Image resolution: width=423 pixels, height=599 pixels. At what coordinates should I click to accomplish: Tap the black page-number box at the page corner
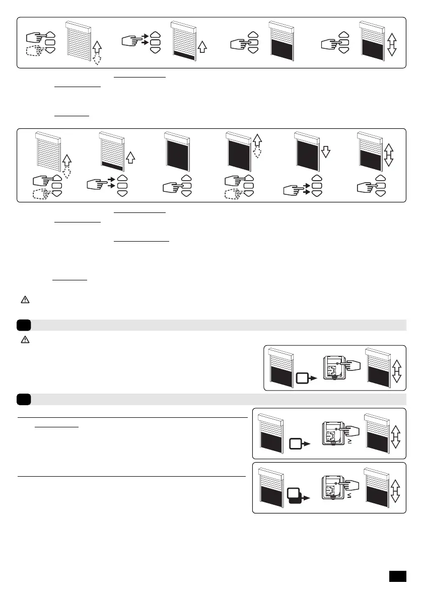pyautogui.click(x=398, y=575)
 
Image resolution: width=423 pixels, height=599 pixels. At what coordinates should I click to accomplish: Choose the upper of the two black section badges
pyautogui.click(x=23, y=325)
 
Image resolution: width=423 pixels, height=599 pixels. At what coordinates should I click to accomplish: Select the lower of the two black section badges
pyautogui.click(x=23, y=399)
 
